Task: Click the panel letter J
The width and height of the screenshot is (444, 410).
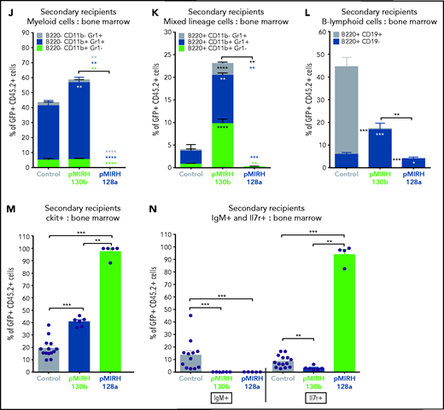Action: click(6, 10)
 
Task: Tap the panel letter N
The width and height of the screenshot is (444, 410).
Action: click(157, 221)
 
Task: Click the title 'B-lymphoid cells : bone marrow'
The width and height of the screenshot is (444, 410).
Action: click(379, 18)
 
